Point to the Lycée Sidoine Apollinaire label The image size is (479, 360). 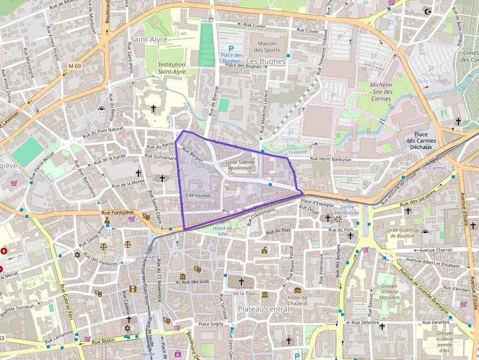(239, 165)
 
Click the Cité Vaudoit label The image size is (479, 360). (198, 195)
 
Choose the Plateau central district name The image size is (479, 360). (263, 309)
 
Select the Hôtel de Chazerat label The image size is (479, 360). (298, 300)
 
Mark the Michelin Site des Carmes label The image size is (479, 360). (381, 92)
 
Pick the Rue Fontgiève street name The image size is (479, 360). (115, 212)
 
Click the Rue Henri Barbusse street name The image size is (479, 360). (330, 159)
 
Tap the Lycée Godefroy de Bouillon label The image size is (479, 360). (400, 233)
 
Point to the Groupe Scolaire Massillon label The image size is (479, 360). (390, 292)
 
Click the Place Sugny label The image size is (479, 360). (211, 324)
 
